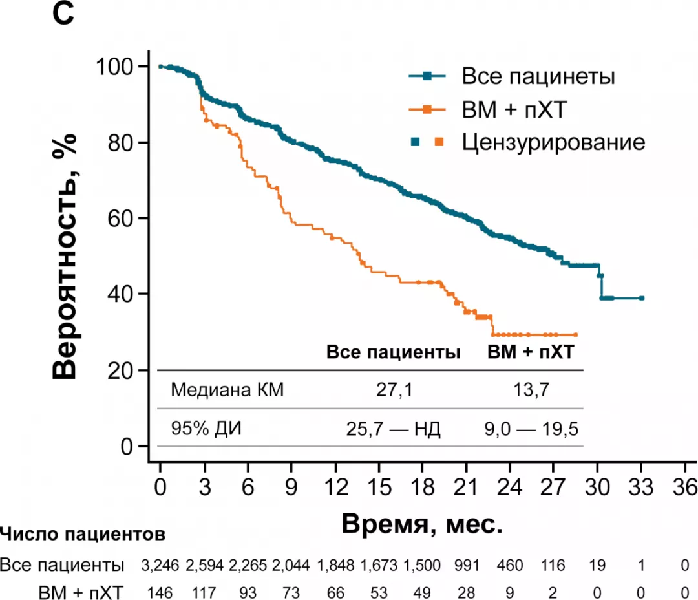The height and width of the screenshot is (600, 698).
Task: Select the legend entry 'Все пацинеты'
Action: point(538,77)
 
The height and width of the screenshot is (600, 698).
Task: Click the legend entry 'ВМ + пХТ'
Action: point(514,110)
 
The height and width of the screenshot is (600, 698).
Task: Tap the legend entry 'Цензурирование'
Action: point(553,142)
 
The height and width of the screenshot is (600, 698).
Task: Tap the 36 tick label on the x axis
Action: point(684,487)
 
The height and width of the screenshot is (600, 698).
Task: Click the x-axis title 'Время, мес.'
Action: point(422,522)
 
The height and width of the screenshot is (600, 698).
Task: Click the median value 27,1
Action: point(393,390)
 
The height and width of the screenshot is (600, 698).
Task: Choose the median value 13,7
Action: point(531,390)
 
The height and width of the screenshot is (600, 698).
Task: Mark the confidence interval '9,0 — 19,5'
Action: point(531,428)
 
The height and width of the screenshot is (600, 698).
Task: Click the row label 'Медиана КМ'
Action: point(227,390)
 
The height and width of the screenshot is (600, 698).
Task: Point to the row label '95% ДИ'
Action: point(206,428)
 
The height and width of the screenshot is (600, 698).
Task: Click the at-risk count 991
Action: point(466,565)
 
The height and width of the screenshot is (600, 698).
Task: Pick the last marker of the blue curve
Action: point(641,298)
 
